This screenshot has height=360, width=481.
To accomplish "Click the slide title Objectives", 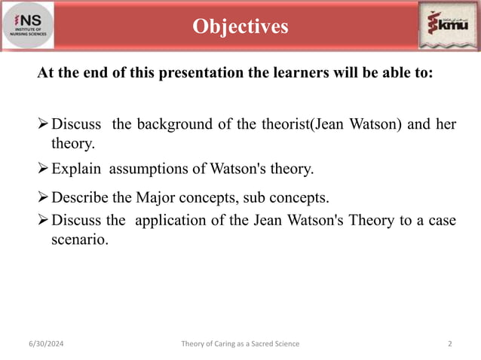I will [x=240, y=26].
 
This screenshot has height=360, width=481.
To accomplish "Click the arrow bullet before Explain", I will [x=44, y=169].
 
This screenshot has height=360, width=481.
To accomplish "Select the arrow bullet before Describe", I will [x=44, y=198].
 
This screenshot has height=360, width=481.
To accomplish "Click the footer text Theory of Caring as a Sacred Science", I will [x=240, y=343].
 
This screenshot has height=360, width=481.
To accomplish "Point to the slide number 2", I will [x=449, y=343].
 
